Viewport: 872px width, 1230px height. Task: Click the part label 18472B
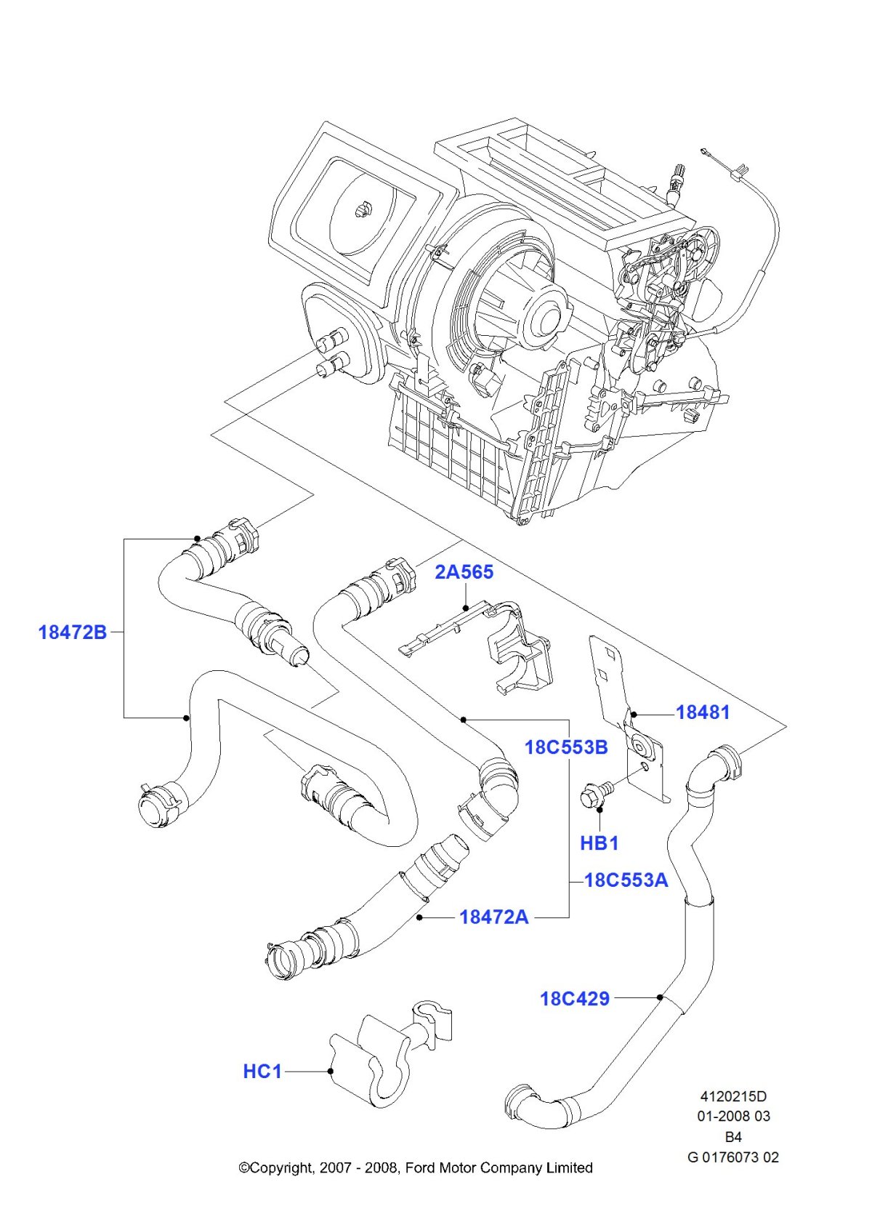tap(72, 632)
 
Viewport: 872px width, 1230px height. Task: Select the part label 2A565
tap(464, 572)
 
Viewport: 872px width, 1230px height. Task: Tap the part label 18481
tap(703, 712)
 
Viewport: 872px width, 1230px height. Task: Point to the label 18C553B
tap(566, 747)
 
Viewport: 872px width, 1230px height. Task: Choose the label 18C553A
tap(626, 880)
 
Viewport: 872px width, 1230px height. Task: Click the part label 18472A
tap(494, 917)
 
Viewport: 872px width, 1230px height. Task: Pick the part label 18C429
tap(575, 999)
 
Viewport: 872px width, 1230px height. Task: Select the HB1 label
tap(599, 843)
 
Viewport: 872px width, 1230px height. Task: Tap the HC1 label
tap(262, 1072)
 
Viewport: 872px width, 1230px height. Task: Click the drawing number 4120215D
tap(733, 1096)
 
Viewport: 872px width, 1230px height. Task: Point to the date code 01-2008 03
tap(733, 1116)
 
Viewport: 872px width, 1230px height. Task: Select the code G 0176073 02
tap(733, 1157)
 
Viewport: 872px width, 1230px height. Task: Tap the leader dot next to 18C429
tap(659, 997)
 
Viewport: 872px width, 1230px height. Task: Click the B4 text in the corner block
tap(733, 1136)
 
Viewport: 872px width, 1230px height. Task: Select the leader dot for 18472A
tap(420, 917)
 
